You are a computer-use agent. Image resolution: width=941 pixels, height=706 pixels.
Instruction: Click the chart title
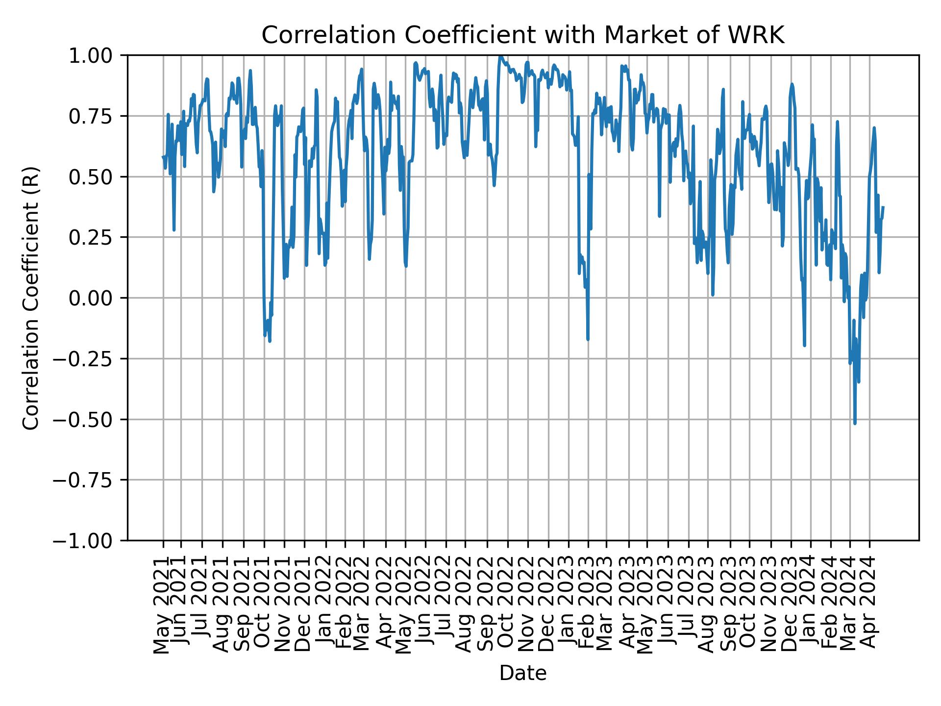[x=523, y=35]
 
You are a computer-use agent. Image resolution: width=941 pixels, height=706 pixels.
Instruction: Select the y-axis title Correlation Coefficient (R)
[x=31, y=298]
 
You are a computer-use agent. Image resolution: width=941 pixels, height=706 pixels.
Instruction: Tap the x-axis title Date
[x=523, y=674]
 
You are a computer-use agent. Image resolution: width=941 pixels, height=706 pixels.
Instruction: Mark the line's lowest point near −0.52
[x=855, y=423]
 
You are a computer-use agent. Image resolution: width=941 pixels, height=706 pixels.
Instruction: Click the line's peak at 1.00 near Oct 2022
[x=500, y=56]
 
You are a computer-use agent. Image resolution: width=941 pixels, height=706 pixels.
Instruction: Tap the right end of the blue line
[x=883, y=207]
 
